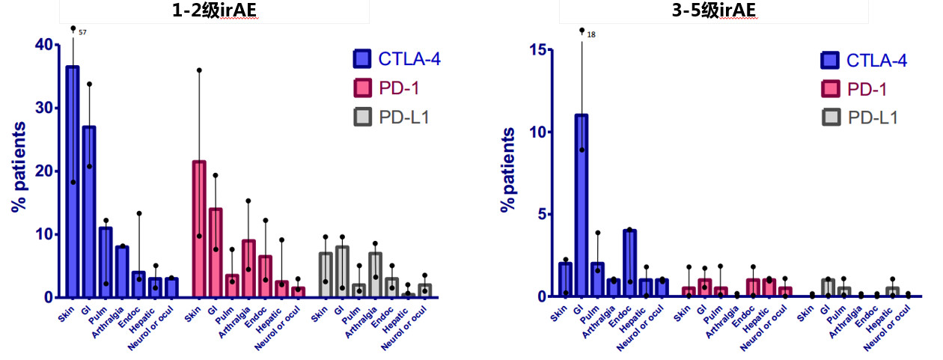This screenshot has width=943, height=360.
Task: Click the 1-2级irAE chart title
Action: [x=214, y=10]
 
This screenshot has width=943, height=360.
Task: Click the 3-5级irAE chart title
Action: [x=713, y=10]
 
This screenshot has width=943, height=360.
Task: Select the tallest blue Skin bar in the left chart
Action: [x=73, y=181]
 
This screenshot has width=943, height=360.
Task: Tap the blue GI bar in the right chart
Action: [x=582, y=205]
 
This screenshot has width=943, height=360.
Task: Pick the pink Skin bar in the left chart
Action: [x=199, y=229]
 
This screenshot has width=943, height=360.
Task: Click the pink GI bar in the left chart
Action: [x=216, y=253]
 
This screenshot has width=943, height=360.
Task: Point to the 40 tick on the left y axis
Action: [x=57, y=44]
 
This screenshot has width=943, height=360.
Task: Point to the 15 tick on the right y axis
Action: [x=550, y=49]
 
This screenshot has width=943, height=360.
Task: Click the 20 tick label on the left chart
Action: [x=44, y=171]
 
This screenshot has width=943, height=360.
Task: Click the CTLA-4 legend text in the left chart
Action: [x=409, y=59]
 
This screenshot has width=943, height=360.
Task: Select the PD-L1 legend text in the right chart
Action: [x=873, y=118]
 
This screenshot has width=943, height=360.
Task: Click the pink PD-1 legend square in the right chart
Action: [x=831, y=89]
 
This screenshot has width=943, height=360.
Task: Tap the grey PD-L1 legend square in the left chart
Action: [x=362, y=117]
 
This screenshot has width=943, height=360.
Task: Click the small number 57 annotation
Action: [x=82, y=32]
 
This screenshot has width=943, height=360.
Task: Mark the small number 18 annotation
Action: [x=591, y=35]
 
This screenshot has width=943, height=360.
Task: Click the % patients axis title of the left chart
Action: [x=19, y=167]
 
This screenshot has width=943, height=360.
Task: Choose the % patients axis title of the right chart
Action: [x=507, y=169]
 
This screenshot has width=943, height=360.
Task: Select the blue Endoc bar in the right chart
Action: [x=630, y=263]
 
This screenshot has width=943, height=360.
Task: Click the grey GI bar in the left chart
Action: [x=342, y=272]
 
